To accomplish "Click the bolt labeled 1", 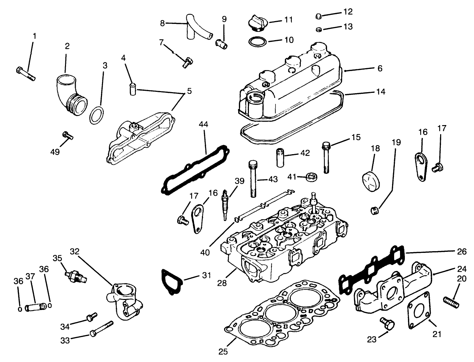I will coord(26,73).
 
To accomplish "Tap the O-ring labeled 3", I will coord(97,115).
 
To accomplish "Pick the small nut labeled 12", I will coord(319,16).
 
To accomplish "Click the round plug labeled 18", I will coord(370,180).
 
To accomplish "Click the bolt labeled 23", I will coord(387,324).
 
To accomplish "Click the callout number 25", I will coord(223,352).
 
